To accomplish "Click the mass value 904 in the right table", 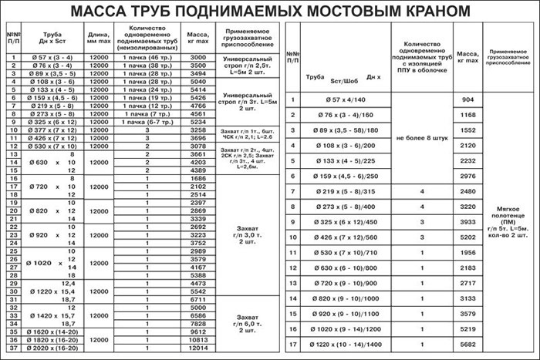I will [x=466, y=101].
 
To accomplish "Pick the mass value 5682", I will [x=466, y=343].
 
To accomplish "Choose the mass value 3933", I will [x=466, y=222].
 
